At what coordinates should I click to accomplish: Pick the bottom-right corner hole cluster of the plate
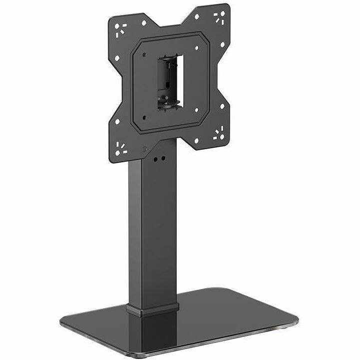tap(218, 133)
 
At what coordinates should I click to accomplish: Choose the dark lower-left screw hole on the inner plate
tap(144, 118)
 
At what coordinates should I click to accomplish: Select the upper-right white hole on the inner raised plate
tap(196, 48)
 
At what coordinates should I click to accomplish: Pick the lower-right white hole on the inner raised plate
tap(196, 110)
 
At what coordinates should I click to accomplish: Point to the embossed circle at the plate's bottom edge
tap(144, 149)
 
